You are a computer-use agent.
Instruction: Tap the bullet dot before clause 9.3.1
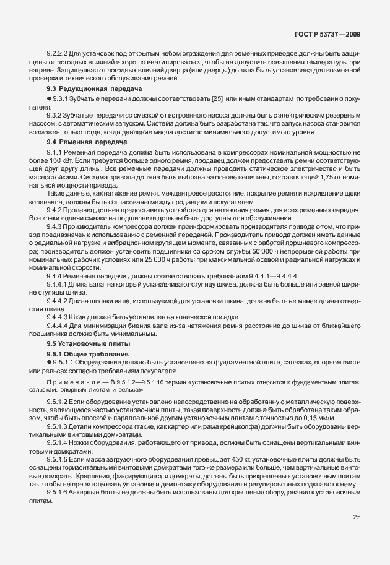coord(49,99)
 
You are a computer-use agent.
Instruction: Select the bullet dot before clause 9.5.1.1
coord(49,362)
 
